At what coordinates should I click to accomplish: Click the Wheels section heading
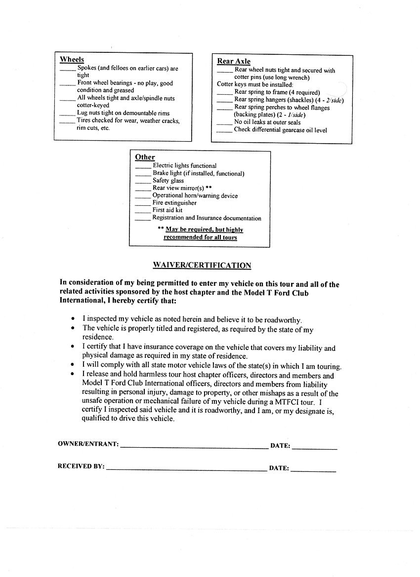click(x=72, y=60)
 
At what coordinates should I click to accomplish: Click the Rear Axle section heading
click(x=234, y=61)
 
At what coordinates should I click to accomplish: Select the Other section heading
click(x=145, y=157)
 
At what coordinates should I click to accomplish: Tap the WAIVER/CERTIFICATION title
click(x=202, y=266)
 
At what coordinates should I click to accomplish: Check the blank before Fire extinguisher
click(x=143, y=203)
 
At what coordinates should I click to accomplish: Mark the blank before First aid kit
click(x=143, y=211)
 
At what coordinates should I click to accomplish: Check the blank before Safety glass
click(x=143, y=181)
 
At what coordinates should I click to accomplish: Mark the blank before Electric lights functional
click(x=143, y=166)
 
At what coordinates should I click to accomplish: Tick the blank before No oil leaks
click(x=225, y=123)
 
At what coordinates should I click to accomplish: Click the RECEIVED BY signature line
click(x=186, y=469)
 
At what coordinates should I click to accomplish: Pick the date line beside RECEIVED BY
click(x=313, y=470)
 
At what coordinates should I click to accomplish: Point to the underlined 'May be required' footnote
click(x=204, y=230)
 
